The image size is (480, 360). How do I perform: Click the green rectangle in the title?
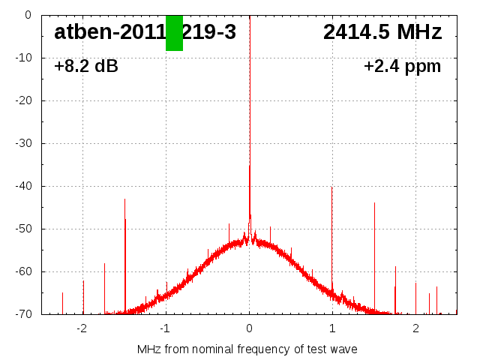click(174, 33)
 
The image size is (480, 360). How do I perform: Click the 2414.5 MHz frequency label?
click(382, 32)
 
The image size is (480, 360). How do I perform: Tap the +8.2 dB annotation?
click(86, 66)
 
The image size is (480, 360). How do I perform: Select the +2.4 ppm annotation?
click(402, 66)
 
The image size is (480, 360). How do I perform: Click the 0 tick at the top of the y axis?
click(27, 15)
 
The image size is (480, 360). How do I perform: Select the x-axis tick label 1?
click(332, 328)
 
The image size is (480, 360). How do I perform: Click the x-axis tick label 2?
click(415, 328)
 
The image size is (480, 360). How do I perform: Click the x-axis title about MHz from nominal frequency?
click(247, 349)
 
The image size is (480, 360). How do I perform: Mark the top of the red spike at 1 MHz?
click(331, 188)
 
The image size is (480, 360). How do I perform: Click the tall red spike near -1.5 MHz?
click(124, 200)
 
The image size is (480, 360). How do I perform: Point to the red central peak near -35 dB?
click(250, 166)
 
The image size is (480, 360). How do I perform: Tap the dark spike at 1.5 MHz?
click(374, 204)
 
